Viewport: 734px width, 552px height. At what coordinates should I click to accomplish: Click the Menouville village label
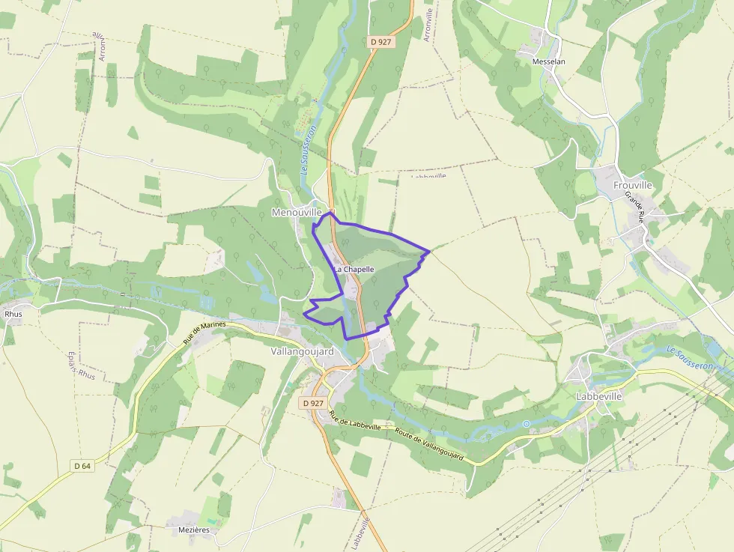pos(296,213)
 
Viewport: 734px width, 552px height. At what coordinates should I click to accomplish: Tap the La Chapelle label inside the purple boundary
pos(354,269)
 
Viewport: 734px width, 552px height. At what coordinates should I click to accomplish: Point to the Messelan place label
pos(548,61)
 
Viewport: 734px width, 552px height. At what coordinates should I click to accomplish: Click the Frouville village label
pos(633,185)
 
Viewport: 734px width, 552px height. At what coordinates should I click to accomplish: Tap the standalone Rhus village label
pos(13,314)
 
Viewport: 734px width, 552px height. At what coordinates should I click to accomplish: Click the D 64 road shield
pos(82,466)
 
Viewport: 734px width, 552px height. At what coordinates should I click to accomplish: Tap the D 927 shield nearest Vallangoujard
pos(315,403)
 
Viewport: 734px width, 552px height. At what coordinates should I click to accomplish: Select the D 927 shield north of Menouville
pos(380,42)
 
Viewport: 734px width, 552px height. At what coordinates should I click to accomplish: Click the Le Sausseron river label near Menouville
pos(307,151)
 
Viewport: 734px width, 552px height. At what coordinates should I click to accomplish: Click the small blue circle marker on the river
pos(527,424)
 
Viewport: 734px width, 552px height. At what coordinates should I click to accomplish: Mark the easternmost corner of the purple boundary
pos(429,251)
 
